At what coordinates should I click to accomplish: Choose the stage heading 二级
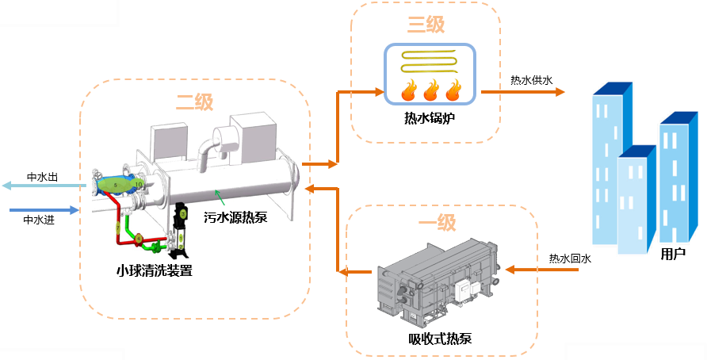(194, 102)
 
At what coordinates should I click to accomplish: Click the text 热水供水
(531, 80)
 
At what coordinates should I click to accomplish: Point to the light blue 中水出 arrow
(40, 186)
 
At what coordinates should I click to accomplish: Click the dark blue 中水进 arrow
(44, 210)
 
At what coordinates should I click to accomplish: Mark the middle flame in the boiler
(431, 90)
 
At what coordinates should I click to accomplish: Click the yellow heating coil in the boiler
(429, 61)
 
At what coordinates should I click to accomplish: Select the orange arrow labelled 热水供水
(523, 92)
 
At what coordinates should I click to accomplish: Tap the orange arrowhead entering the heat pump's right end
(310, 189)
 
